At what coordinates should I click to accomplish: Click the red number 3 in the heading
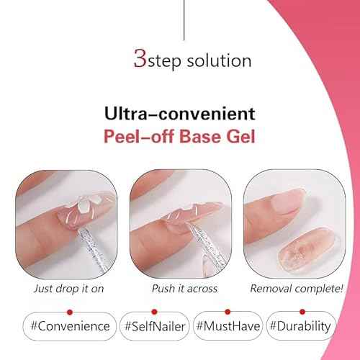click(x=139, y=58)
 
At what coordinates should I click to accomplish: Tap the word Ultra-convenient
click(x=179, y=113)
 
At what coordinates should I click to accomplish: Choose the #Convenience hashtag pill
click(x=69, y=325)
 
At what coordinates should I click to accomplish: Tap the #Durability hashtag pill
click(x=300, y=325)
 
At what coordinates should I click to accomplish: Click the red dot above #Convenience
click(x=69, y=312)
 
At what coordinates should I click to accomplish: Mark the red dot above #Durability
click(x=300, y=312)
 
